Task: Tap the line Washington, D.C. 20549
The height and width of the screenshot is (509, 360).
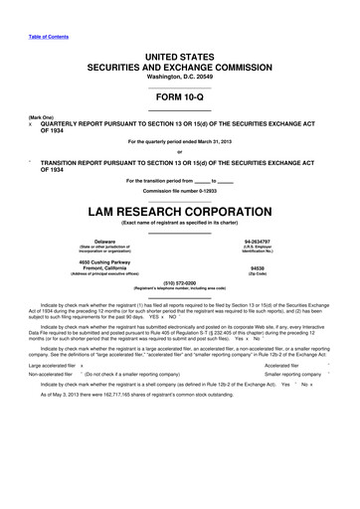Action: click(179, 77)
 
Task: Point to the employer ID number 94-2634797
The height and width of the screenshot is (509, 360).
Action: click(256, 242)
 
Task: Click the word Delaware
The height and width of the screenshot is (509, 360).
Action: click(103, 242)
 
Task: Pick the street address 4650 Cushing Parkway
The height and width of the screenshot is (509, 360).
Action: click(103, 260)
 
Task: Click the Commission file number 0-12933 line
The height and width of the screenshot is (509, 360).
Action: click(179, 189)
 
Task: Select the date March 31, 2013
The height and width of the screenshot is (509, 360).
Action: click(213, 143)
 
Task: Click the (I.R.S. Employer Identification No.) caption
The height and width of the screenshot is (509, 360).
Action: click(256, 251)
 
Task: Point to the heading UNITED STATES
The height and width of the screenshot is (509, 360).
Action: click(179, 50)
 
